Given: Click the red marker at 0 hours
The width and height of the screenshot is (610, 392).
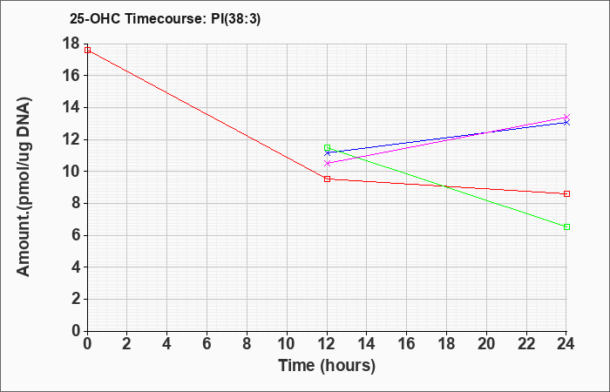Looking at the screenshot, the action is pyautogui.click(x=87, y=51).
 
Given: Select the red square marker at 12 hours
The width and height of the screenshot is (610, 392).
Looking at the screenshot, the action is pyautogui.click(x=327, y=179).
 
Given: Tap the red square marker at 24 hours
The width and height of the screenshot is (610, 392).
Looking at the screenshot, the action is pyautogui.click(x=566, y=193).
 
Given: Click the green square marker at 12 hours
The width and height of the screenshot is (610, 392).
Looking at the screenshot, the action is pyautogui.click(x=327, y=148).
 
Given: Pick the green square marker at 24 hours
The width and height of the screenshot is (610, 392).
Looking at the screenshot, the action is pyautogui.click(x=566, y=226).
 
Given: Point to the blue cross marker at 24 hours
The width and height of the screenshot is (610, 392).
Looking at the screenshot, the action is pyautogui.click(x=566, y=123).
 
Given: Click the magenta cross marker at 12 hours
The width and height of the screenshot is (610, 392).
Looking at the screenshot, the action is pyautogui.click(x=327, y=164).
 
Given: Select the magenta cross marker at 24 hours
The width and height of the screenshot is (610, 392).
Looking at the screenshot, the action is pyautogui.click(x=566, y=117).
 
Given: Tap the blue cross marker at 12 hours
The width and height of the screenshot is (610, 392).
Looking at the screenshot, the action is pyautogui.click(x=327, y=153).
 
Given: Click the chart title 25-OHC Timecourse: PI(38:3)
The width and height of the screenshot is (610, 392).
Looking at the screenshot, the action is pyautogui.click(x=165, y=18).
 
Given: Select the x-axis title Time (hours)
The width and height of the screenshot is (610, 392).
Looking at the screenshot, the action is pyautogui.click(x=327, y=366).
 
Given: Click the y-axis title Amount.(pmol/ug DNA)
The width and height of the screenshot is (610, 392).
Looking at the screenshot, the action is pyautogui.click(x=24, y=186).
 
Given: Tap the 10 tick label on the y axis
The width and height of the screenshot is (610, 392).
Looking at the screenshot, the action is pyautogui.click(x=71, y=172).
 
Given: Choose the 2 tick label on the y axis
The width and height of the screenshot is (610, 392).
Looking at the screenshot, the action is pyautogui.click(x=76, y=299).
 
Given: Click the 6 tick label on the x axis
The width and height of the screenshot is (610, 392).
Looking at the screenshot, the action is pyautogui.click(x=207, y=344).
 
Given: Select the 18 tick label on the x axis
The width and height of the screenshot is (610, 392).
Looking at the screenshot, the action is pyautogui.click(x=446, y=344).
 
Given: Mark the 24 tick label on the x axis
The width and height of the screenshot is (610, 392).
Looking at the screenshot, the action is pyautogui.click(x=566, y=344).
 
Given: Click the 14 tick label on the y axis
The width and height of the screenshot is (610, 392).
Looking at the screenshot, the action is pyautogui.click(x=71, y=107).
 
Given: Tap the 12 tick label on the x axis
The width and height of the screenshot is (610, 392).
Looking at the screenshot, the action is pyautogui.click(x=327, y=344).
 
